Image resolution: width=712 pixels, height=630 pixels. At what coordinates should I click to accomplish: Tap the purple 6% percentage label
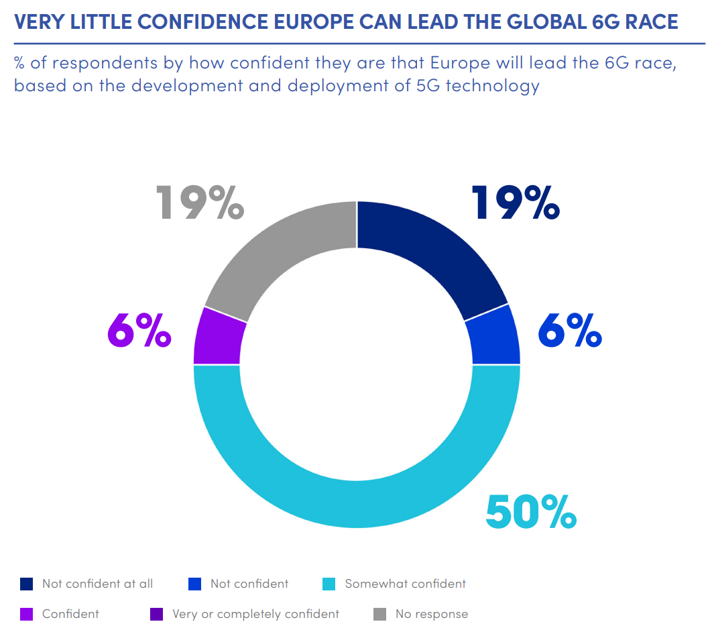139,329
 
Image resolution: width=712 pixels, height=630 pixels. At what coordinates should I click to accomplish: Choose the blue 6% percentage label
570,329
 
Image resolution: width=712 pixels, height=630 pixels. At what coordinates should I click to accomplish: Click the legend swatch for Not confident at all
27,584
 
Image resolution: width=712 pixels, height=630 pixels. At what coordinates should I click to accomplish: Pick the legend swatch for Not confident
195,584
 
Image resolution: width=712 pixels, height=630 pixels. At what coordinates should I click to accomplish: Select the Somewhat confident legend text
405,584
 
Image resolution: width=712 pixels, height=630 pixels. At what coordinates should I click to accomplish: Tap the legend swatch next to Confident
27,614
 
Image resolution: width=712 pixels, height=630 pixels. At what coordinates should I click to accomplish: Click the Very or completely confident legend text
255,614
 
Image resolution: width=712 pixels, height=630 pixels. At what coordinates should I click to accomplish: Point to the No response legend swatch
379,614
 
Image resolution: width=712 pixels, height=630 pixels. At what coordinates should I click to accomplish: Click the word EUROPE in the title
315,22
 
